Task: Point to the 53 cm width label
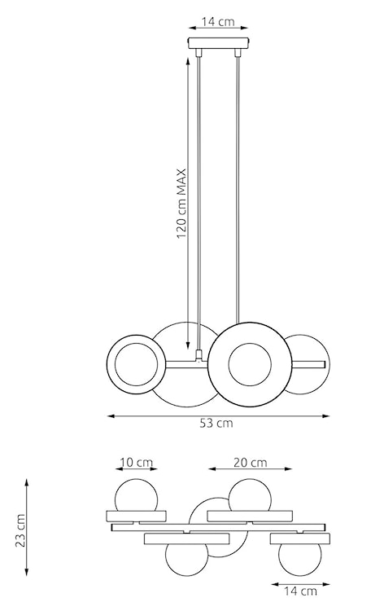tap(217, 423)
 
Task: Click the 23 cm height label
tap(20, 530)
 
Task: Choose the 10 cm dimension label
tap(136, 463)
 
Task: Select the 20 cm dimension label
tap(250, 463)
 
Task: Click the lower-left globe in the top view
tap(184, 560)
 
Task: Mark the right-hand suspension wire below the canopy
tap(237, 187)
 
